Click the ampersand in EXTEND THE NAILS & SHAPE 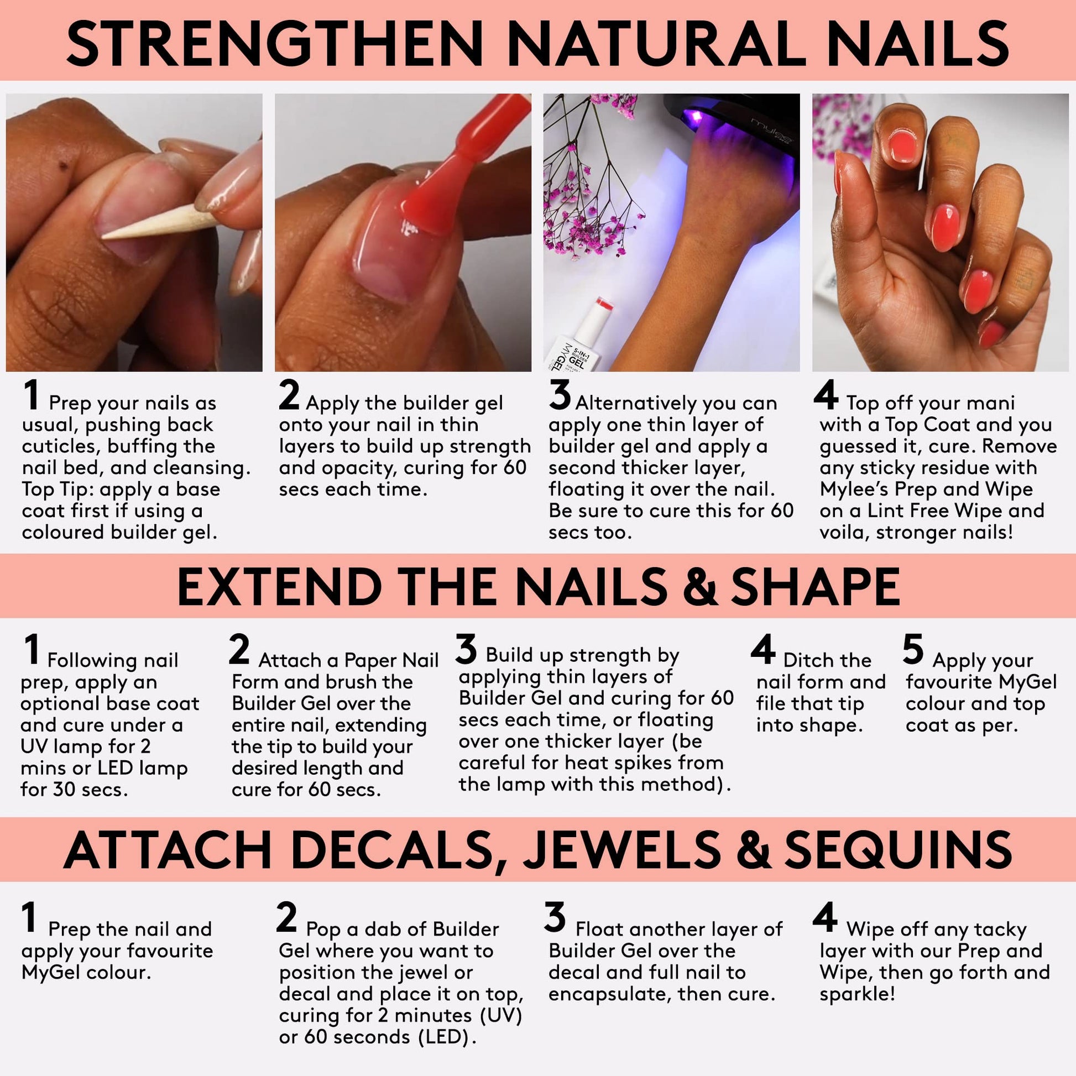coord(699,587)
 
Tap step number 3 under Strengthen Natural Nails coord(560,394)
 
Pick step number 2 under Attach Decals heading coord(286,917)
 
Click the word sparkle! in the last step coord(857,994)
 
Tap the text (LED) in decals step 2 coord(447,1037)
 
